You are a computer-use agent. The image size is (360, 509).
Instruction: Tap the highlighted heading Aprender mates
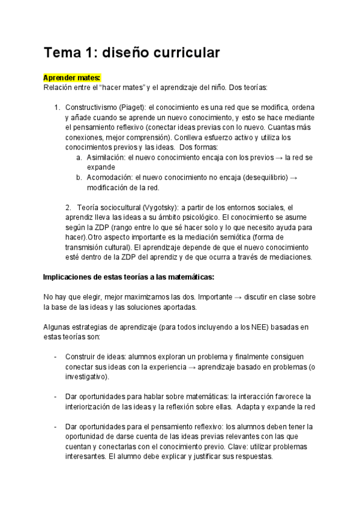click(71, 77)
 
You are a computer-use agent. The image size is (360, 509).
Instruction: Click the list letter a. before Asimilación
click(79, 157)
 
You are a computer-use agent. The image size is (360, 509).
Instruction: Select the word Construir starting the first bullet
click(80, 357)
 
